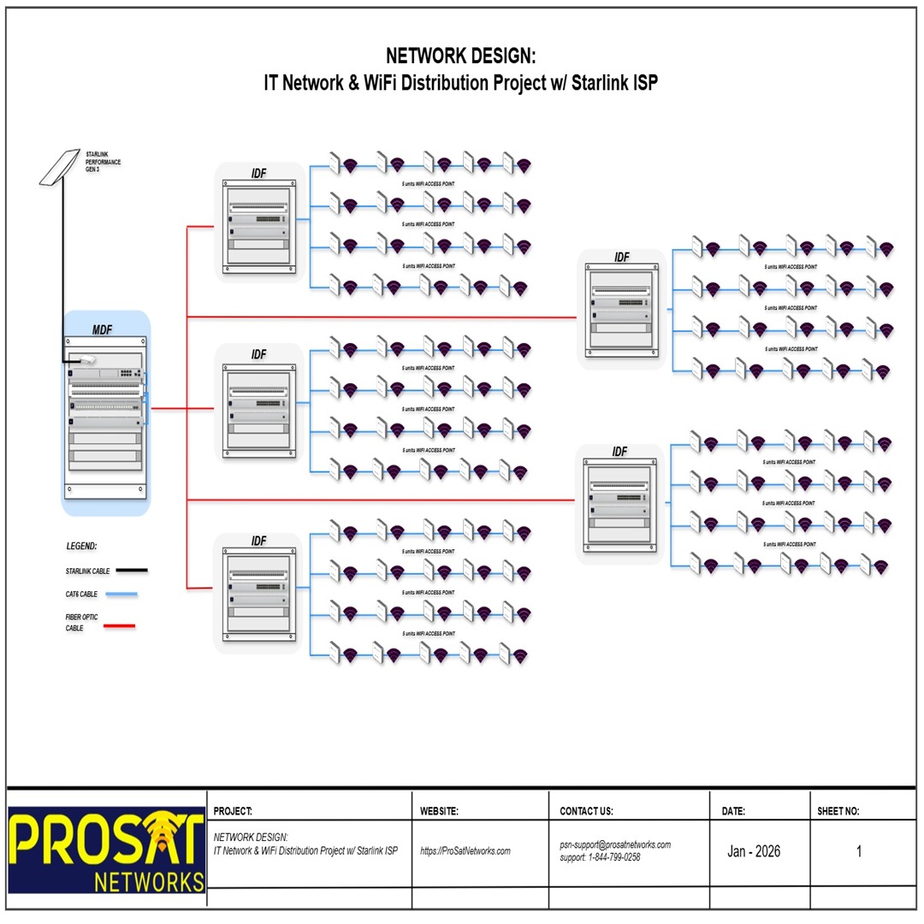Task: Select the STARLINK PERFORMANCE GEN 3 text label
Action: (x=103, y=161)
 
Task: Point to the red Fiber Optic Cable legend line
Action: (x=119, y=626)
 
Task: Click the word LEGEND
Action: (x=82, y=546)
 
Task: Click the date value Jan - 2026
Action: (x=754, y=851)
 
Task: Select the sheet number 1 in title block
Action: (x=859, y=851)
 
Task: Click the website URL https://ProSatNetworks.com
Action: (x=465, y=851)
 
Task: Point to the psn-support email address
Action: (x=615, y=844)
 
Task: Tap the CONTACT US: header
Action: (x=586, y=811)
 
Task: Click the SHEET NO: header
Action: (x=838, y=811)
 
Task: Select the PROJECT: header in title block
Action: (x=233, y=811)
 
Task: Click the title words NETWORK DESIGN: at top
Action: (x=460, y=56)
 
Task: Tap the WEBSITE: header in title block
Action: (x=440, y=811)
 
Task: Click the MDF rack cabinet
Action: (x=106, y=419)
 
